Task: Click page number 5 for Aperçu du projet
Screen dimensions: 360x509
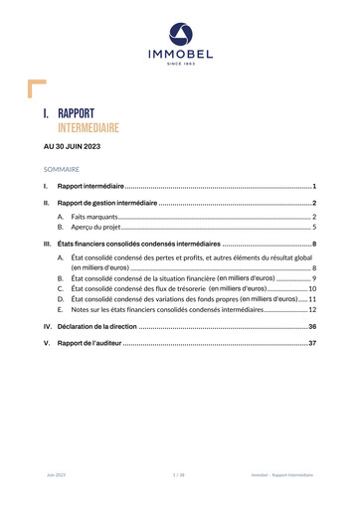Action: [x=313, y=228]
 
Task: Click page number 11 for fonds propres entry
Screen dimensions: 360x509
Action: [x=311, y=299]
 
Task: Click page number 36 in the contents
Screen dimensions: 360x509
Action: [x=311, y=326]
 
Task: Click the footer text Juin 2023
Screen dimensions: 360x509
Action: [x=56, y=477]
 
